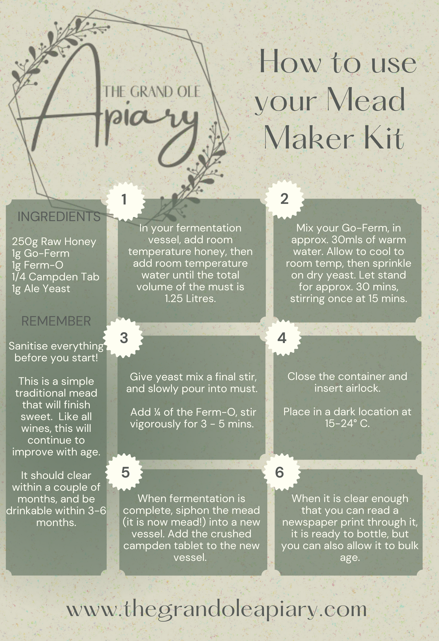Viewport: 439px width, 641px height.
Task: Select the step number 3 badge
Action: click(124, 338)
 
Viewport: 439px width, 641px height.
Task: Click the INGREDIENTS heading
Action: click(59, 217)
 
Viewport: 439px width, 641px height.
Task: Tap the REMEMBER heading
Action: click(56, 321)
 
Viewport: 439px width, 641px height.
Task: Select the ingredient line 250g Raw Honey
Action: click(54, 242)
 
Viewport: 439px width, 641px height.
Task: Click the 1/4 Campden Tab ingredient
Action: click(55, 277)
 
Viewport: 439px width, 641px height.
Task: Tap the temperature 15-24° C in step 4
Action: click(347, 423)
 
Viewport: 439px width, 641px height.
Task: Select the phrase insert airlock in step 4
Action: click(347, 388)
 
